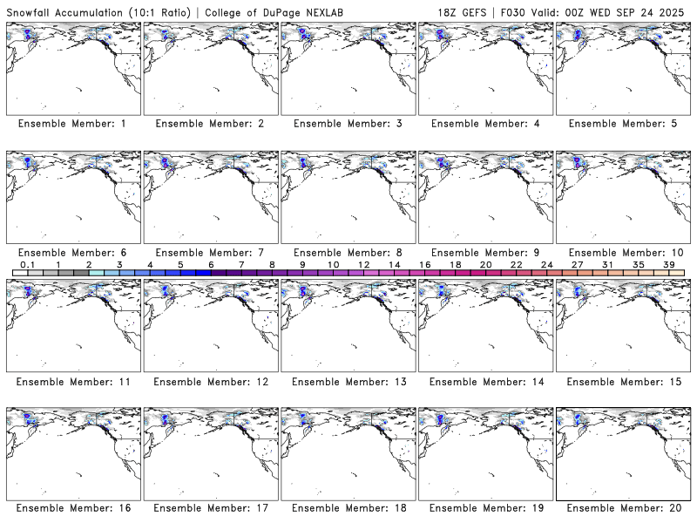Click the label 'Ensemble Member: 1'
tap(72, 124)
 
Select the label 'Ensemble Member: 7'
tap(210, 253)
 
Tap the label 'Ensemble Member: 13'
tap(348, 381)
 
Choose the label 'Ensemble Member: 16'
tap(72, 508)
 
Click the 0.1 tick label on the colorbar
tap(27, 264)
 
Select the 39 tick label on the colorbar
tap(669, 264)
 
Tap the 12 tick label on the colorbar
tap(363, 264)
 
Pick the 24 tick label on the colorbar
tap(547, 264)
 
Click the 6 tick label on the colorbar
tap(211, 264)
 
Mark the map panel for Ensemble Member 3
tap(348, 68)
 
